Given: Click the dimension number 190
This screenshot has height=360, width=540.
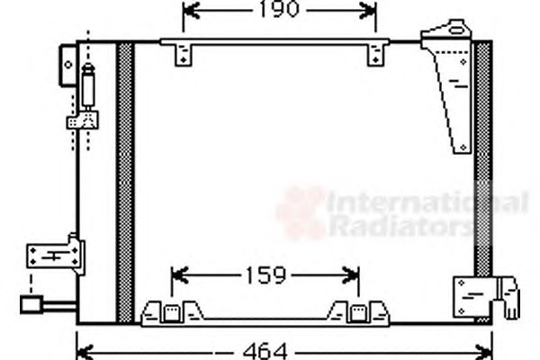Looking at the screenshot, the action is click(279, 9).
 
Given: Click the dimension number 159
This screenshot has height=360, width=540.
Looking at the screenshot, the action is click(265, 275).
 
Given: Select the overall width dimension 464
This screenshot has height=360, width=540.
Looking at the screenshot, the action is click(265, 351).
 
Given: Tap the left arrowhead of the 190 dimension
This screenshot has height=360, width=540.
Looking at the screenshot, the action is click(191, 10).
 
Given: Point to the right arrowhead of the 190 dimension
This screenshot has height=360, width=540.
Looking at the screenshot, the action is click(368, 11).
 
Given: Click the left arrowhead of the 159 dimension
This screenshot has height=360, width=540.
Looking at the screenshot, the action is click(179, 275).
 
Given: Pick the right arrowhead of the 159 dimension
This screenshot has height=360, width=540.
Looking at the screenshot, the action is click(351, 275).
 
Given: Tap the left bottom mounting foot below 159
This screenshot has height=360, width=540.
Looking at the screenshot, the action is click(172, 312).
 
